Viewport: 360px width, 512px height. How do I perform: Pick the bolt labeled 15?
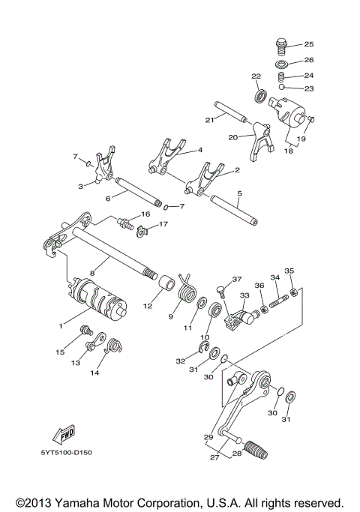coord(87,331)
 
